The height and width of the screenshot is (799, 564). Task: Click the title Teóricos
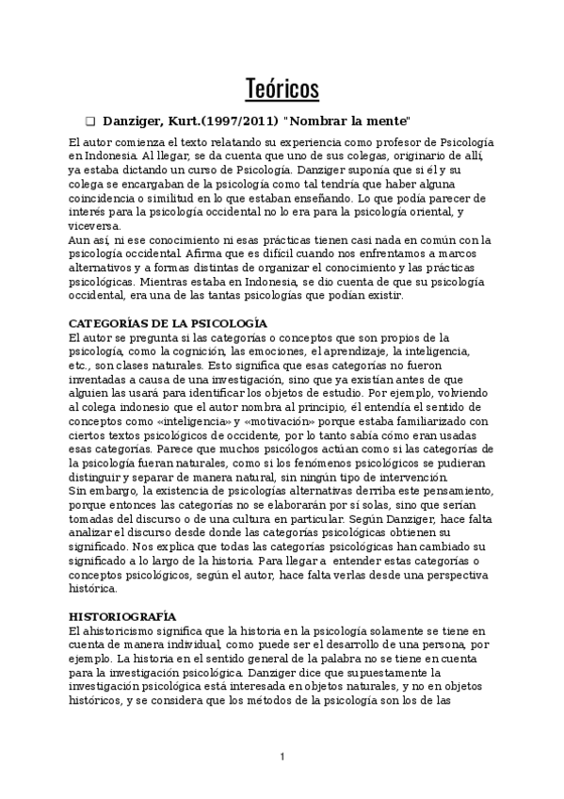282,89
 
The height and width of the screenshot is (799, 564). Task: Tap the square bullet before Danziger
90,122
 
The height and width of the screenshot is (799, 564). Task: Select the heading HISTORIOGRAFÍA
123,615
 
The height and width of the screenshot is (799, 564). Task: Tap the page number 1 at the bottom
282,757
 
